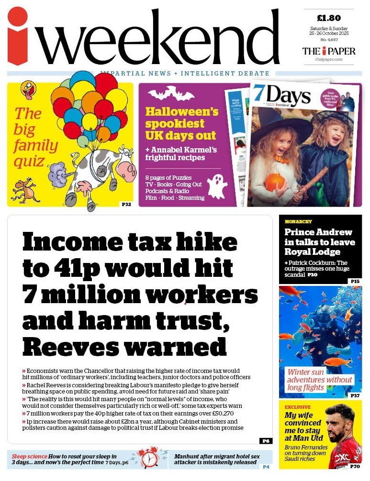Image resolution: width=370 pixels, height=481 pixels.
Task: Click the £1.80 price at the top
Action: (329, 18)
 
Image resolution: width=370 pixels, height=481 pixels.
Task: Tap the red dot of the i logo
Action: (18, 17)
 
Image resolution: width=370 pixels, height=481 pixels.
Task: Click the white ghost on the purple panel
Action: (217, 185)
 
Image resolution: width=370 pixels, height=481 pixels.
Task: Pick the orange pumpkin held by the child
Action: (276, 183)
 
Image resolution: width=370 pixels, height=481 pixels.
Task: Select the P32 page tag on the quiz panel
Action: (126, 204)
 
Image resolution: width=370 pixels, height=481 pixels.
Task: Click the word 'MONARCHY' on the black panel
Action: (298, 222)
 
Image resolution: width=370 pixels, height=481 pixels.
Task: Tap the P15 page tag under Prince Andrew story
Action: (355, 281)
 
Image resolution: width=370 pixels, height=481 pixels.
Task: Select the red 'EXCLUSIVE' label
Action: (298, 407)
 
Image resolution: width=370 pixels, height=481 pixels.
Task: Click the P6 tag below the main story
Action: (266, 440)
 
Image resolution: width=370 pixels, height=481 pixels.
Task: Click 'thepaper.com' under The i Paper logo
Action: (329, 59)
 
